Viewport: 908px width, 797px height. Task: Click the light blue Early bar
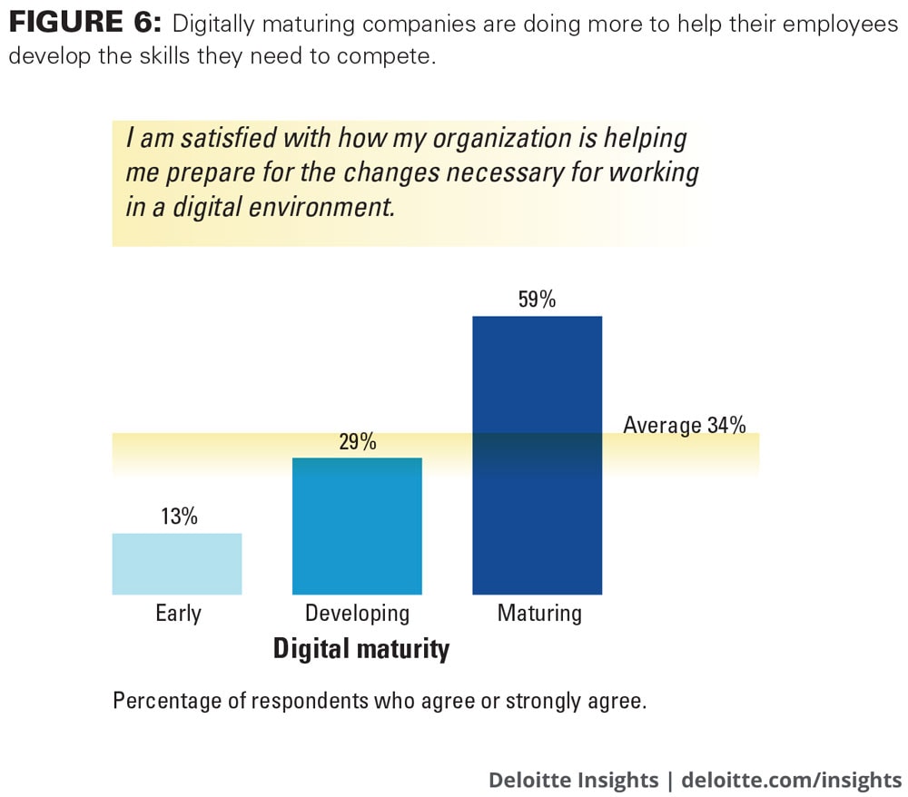pos(177,564)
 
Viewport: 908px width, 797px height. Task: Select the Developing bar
pos(357,526)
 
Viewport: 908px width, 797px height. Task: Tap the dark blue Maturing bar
pos(538,454)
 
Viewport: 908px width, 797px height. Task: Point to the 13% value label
pos(178,517)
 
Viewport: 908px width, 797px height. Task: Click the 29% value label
pos(357,442)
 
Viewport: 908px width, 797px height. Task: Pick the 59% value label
pos(537,300)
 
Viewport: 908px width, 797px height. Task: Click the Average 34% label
pos(685,425)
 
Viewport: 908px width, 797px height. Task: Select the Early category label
pos(178,613)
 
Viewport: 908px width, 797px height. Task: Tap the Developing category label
pos(357,613)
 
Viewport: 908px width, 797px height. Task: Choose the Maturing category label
pos(539,613)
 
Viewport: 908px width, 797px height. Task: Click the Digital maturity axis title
pos(361,649)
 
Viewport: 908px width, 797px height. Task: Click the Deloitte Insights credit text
pos(573,780)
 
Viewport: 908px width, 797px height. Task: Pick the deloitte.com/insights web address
pos(791,780)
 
